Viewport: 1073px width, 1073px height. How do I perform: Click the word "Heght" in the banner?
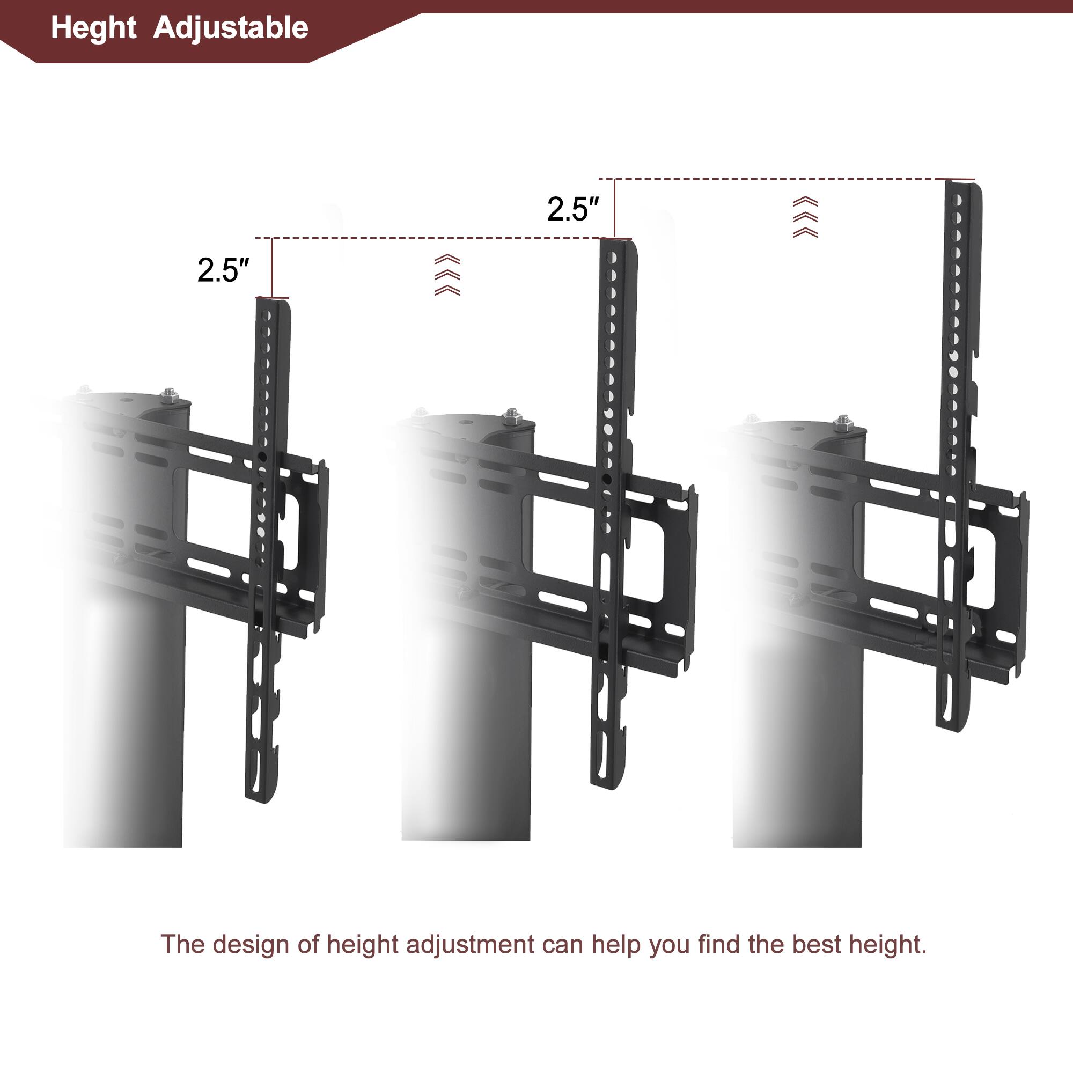(93, 28)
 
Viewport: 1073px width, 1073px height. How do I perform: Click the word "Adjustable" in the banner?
(231, 28)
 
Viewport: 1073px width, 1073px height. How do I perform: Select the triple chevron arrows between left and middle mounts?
(447, 275)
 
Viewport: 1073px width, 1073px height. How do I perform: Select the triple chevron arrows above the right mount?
(805, 217)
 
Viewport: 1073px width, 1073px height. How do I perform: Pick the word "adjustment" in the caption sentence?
(470, 945)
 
